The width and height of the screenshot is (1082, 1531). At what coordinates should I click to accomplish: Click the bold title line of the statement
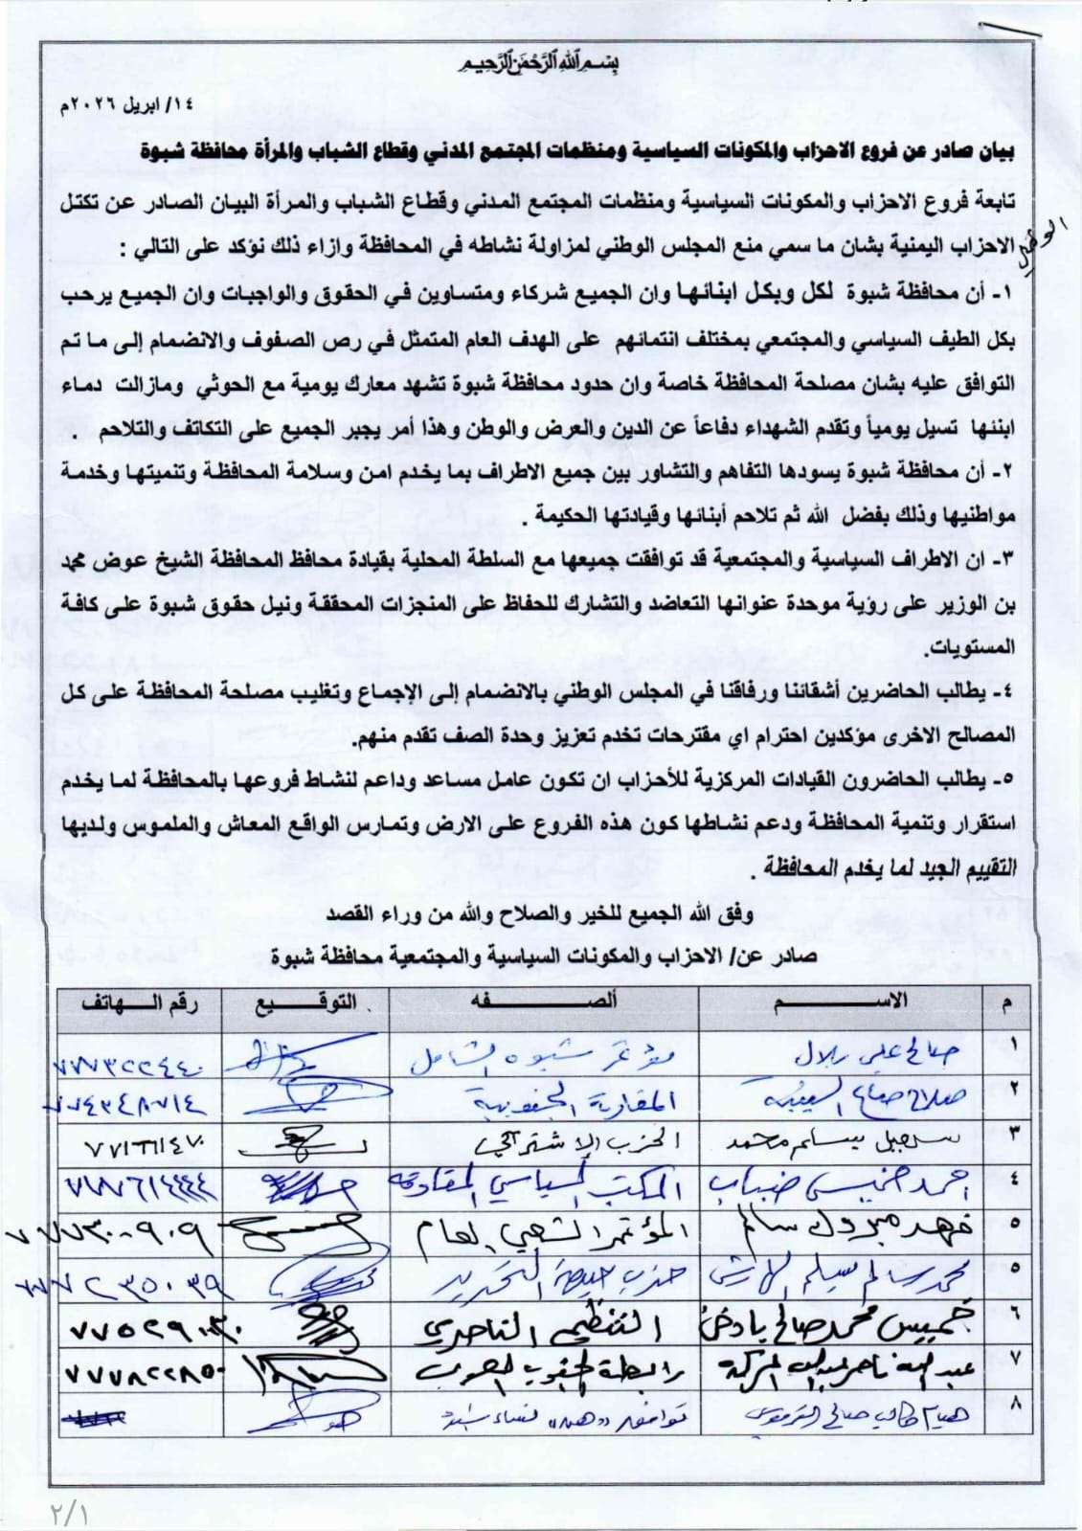pos(575,150)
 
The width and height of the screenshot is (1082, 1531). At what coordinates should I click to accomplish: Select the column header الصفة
pos(544,1002)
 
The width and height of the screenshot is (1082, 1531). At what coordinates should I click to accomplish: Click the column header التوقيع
pos(305,1003)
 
